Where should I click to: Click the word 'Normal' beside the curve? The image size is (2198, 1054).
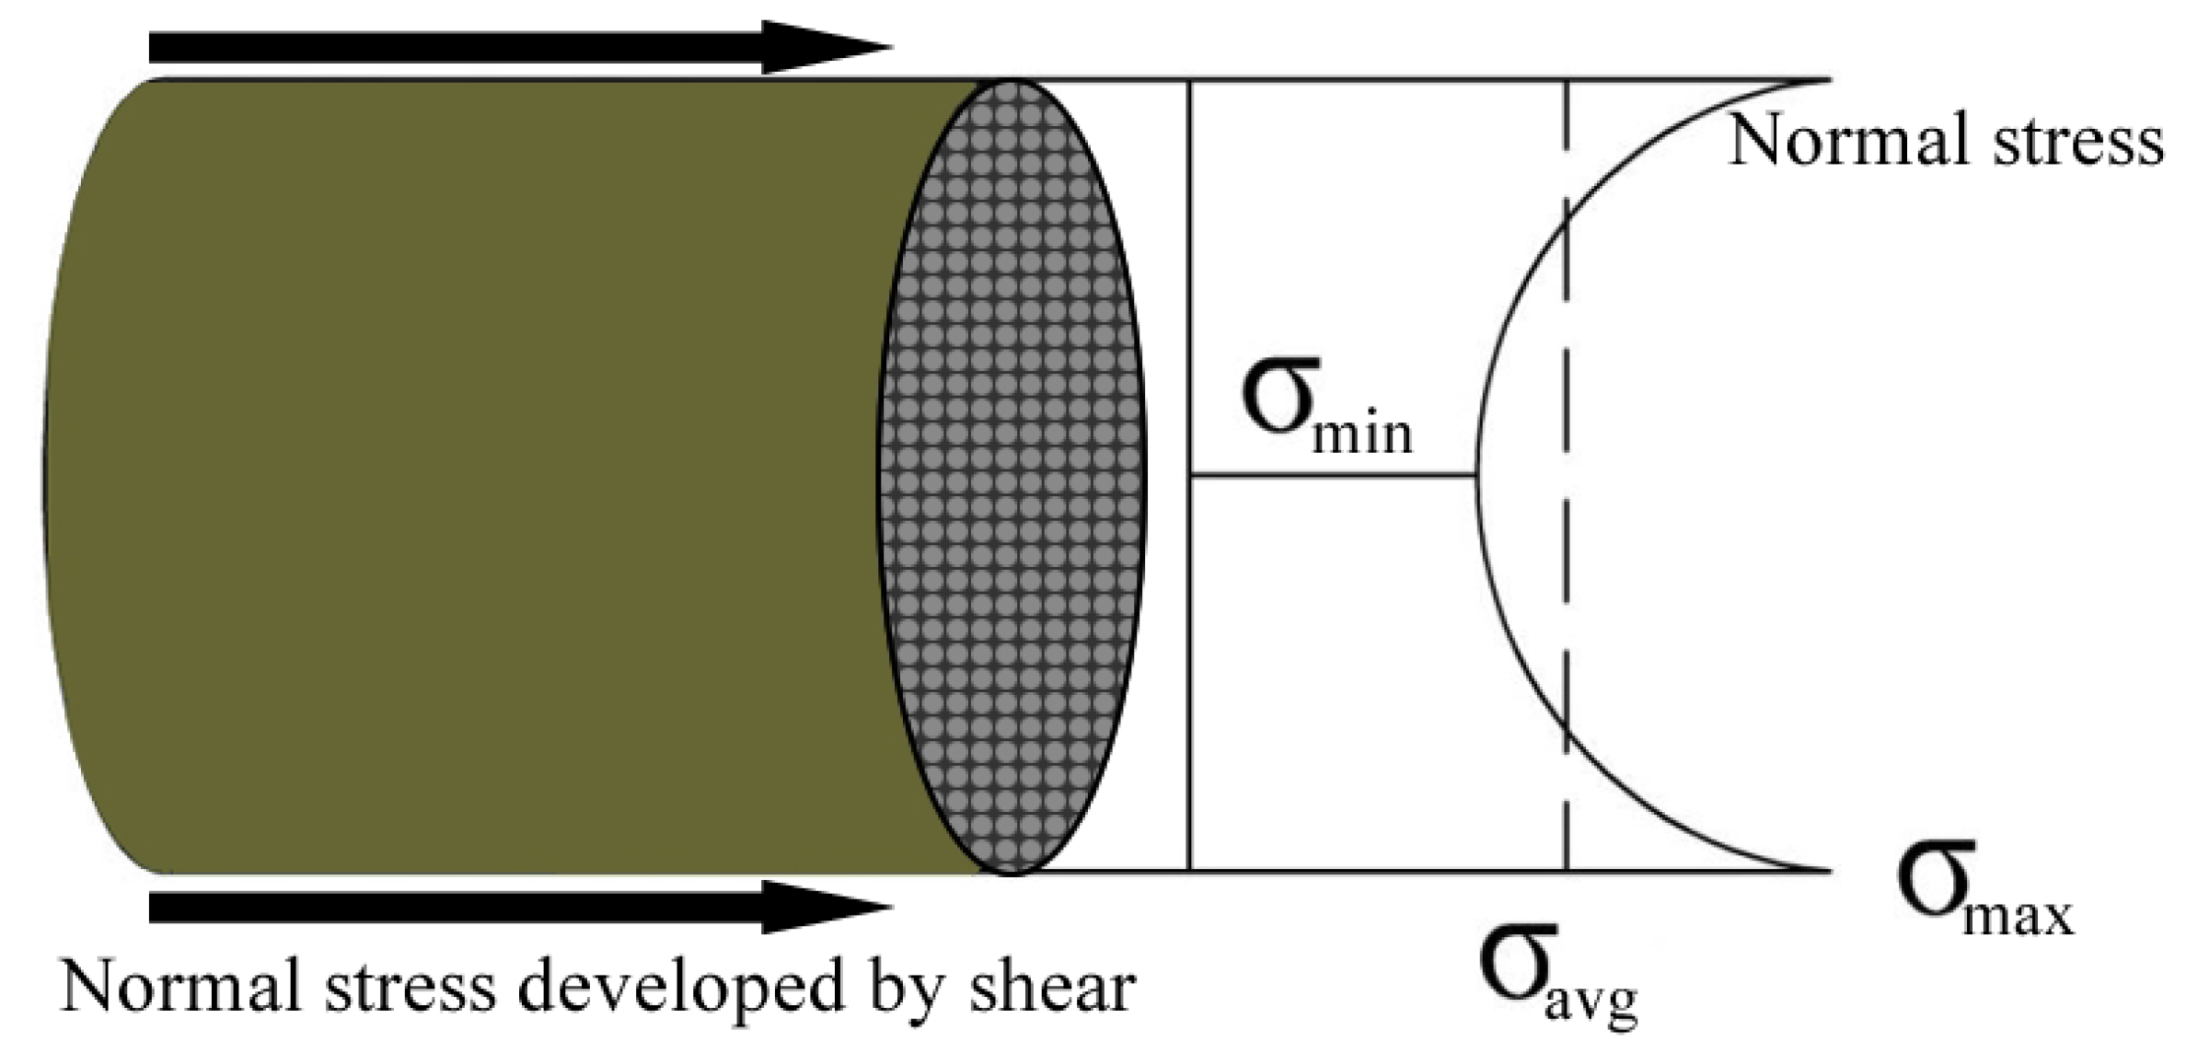[1850, 140]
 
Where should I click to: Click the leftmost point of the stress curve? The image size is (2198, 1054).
[1478, 475]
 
